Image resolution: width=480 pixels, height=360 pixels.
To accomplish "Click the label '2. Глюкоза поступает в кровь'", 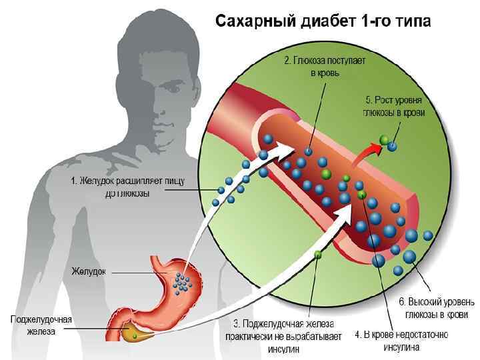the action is click(x=325, y=67).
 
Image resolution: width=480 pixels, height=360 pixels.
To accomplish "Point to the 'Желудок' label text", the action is click(x=89, y=272).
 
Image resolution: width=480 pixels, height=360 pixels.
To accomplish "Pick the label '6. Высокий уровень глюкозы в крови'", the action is click(x=437, y=308).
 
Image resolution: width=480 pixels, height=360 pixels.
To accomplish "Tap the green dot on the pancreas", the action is click(x=135, y=337).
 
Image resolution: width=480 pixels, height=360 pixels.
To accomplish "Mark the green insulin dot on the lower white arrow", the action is click(x=318, y=254).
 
